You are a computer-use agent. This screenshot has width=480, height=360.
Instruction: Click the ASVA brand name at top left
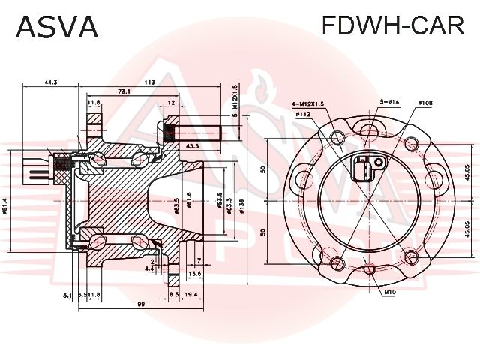[57, 26]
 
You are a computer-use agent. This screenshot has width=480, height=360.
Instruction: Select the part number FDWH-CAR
[392, 26]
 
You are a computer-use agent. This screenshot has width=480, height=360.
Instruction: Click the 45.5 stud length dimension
[192, 145]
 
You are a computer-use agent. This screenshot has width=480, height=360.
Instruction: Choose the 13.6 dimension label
[193, 274]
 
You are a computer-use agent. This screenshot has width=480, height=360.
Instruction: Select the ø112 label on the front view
[303, 114]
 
